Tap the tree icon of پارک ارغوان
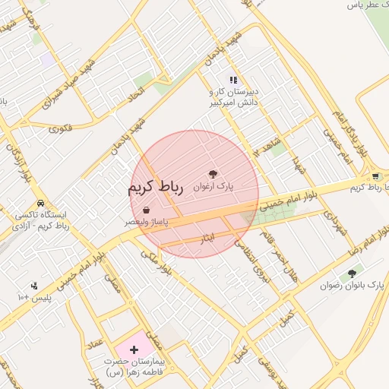[213, 174]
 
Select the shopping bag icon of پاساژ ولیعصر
[146, 210]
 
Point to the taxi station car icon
[40, 204]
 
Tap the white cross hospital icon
[134, 350]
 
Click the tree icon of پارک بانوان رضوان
[351, 274]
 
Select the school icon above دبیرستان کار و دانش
[234, 79]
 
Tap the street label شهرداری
[335, 224]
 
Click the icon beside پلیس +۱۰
[34, 286]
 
